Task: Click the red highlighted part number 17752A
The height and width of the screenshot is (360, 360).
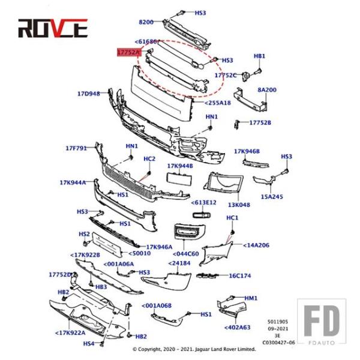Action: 128,53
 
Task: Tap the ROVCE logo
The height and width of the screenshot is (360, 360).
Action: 53,28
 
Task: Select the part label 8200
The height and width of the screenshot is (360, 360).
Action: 146,22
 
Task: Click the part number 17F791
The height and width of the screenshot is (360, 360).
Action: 76,148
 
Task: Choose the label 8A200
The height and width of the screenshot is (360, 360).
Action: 267,89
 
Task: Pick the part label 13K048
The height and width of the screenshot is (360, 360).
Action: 239,204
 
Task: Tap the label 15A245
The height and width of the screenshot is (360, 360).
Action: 272,196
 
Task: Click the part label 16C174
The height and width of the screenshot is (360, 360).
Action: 239,275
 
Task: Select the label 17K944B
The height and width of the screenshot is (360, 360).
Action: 179,166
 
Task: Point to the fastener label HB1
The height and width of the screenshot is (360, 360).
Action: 259,56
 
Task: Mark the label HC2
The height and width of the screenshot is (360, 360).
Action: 149,158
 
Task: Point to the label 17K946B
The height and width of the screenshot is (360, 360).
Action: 246,152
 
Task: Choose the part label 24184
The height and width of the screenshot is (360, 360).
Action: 179,263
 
